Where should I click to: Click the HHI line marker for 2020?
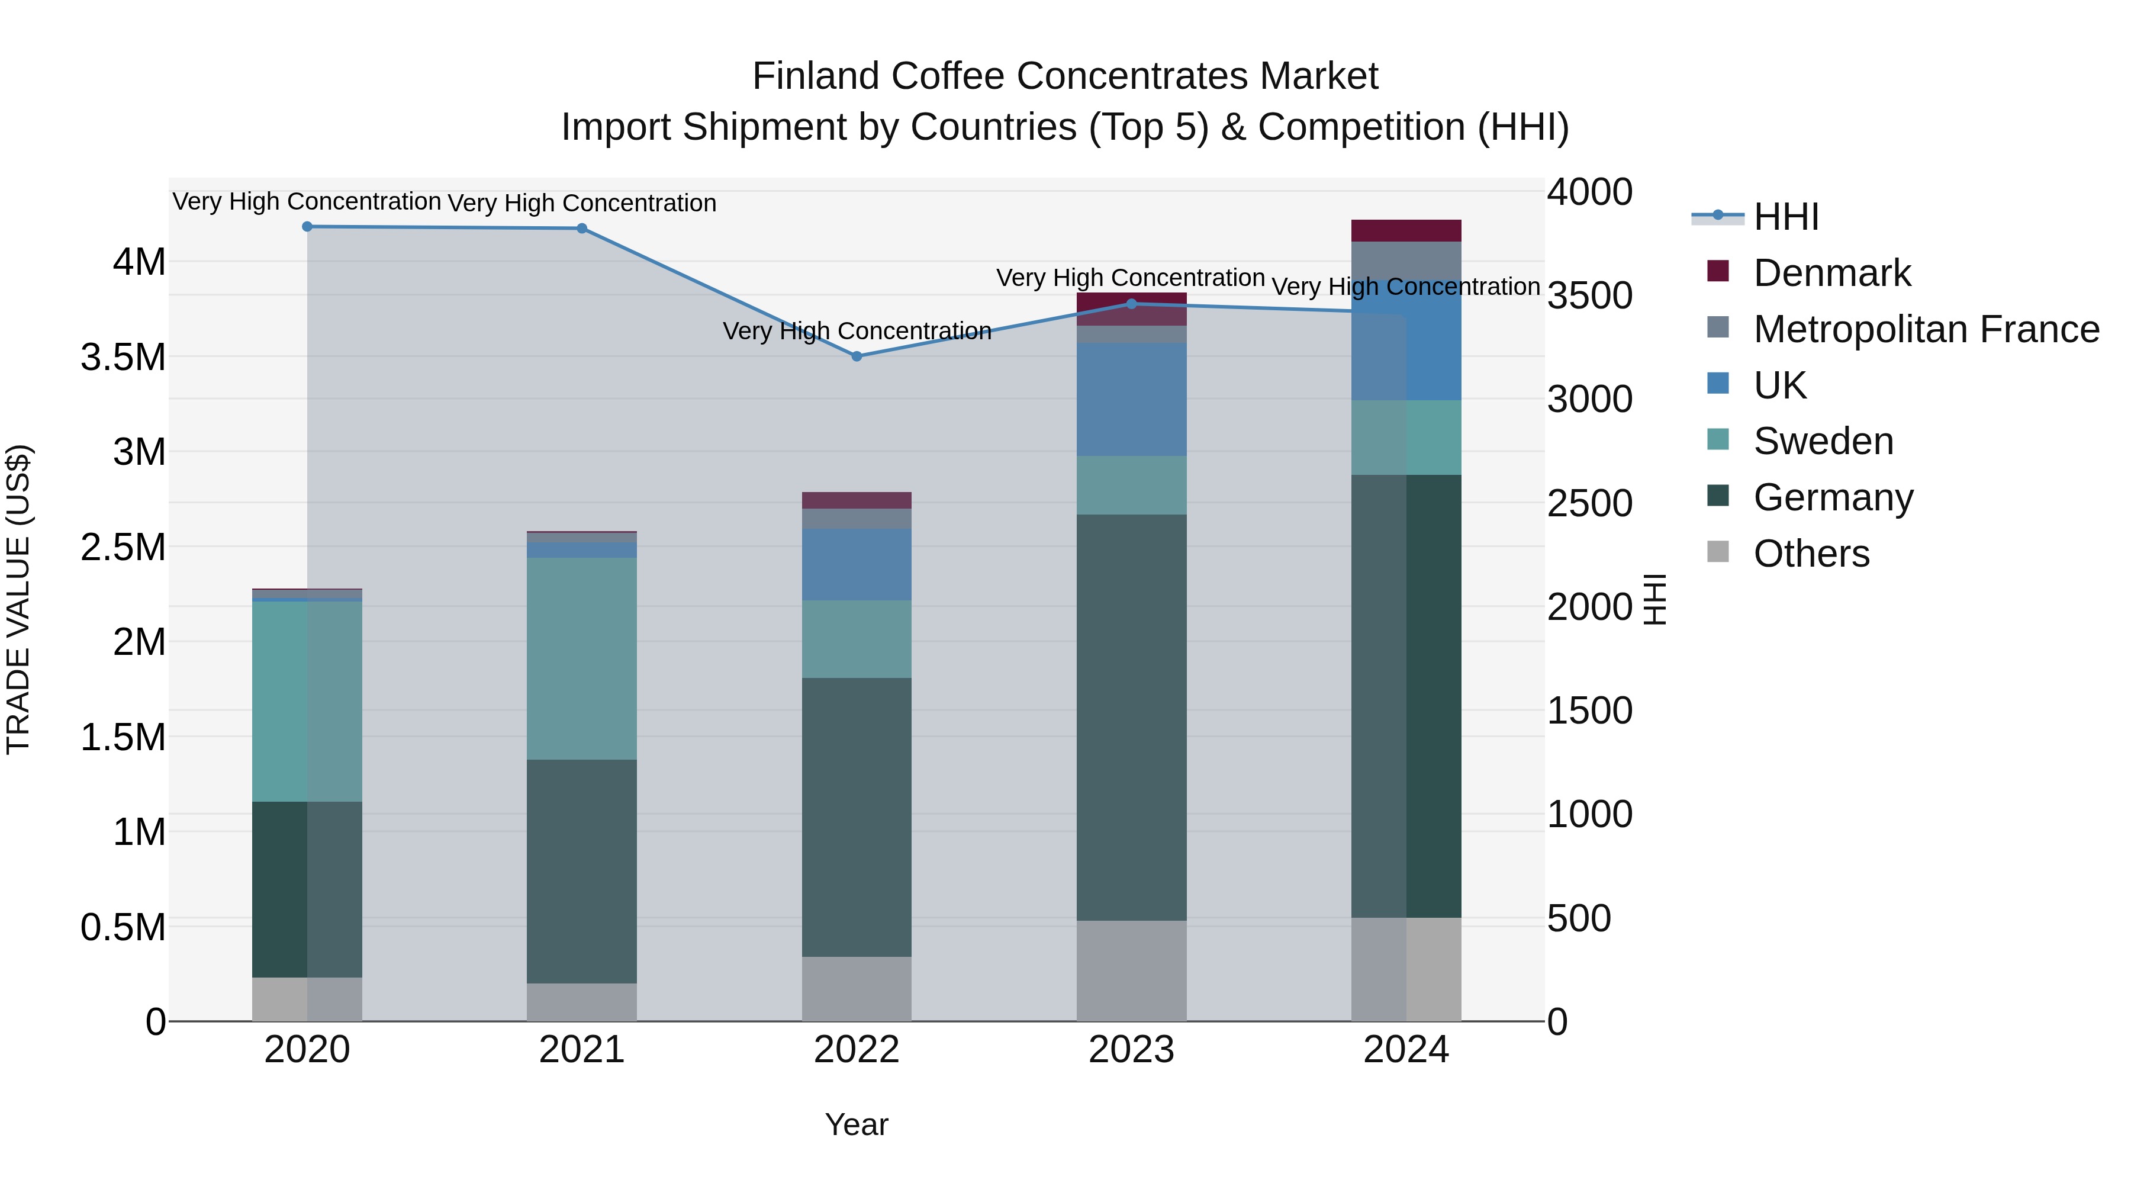click(x=307, y=227)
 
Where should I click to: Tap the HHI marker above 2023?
click(x=1132, y=304)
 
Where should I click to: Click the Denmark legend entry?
click(x=1831, y=273)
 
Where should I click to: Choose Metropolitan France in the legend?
click(x=1926, y=329)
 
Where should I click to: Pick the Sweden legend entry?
click(x=1823, y=441)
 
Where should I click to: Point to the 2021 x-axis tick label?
click(x=581, y=1050)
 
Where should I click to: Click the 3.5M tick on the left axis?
click(x=123, y=358)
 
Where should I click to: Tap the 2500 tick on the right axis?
click(x=1589, y=503)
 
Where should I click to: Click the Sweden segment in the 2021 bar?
click(x=581, y=658)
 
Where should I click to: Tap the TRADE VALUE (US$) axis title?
click(x=19, y=599)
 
